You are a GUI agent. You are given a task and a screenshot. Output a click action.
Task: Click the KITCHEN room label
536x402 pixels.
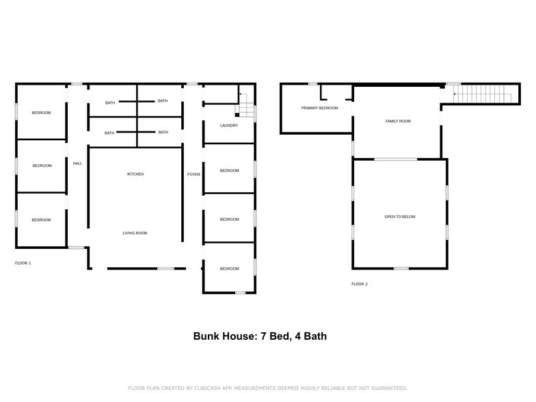(135, 174)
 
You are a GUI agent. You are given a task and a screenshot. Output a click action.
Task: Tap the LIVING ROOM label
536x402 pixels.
(135, 233)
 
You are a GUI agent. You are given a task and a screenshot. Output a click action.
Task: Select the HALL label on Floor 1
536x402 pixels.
(77, 163)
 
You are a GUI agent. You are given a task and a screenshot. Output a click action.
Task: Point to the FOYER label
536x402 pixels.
(193, 174)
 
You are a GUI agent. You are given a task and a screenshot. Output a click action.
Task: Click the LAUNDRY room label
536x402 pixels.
(228, 126)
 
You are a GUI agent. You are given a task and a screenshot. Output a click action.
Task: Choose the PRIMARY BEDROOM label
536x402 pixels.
(319, 108)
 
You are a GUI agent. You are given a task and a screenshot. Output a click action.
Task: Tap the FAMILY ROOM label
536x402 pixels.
(398, 121)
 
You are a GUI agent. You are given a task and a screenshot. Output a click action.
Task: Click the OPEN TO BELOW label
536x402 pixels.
(400, 217)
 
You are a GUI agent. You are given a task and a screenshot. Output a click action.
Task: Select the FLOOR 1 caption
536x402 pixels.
(23, 263)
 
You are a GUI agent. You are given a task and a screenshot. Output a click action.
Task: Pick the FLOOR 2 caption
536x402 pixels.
(360, 284)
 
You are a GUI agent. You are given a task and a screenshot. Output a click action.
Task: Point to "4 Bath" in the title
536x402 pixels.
(317, 336)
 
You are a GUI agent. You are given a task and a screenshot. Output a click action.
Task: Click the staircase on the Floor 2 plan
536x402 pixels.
(483, 94)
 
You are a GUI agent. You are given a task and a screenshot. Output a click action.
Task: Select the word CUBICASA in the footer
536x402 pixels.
(210, 388)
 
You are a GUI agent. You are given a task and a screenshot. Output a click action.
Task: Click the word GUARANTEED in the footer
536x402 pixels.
(384, 388)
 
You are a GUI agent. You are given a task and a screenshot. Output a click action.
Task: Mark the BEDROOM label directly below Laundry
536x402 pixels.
(229, 170)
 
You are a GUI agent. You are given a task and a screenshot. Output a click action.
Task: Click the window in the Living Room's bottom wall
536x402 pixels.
(165, 269)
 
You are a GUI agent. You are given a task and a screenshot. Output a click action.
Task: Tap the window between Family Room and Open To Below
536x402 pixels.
(395, 159)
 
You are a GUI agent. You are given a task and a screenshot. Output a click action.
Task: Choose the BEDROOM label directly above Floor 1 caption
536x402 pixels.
(42, 219)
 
